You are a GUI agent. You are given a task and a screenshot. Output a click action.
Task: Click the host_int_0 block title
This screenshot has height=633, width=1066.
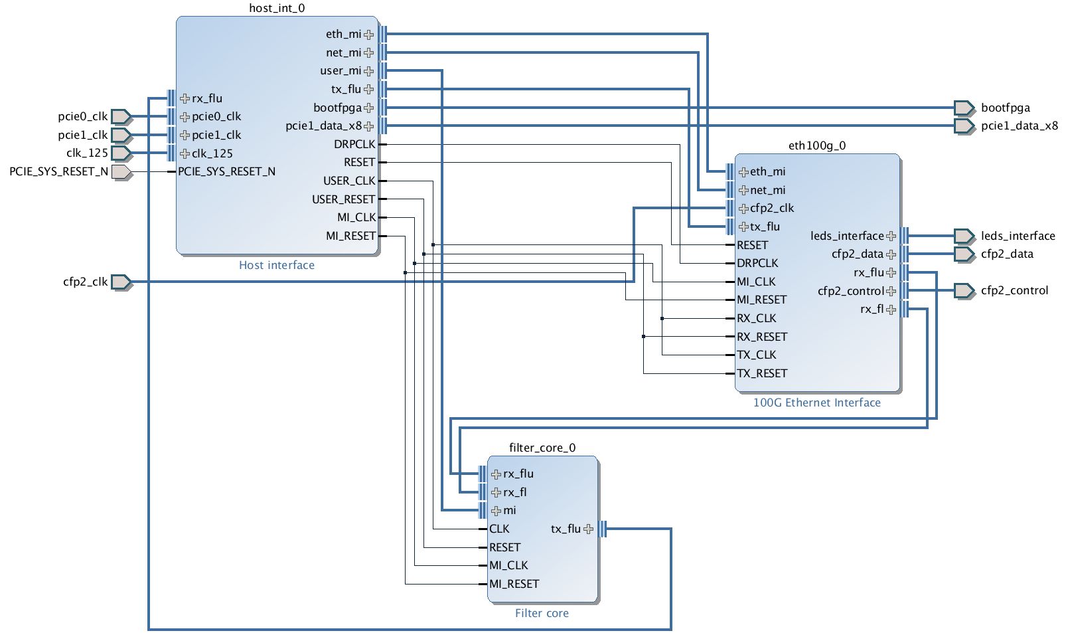click(x=277, y=9)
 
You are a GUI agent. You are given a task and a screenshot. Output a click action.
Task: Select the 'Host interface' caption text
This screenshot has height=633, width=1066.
click(x=277, y=265)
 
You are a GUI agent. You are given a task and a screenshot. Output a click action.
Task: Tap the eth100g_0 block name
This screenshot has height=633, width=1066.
click(x=817, y=145)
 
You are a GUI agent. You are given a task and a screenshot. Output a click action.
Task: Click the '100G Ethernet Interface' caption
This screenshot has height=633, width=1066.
click(x=817, y=403)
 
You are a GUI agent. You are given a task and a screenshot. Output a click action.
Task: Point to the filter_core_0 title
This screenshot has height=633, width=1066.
click(x=542, y=448)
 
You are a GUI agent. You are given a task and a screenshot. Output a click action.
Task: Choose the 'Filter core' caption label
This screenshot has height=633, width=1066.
click(x=542, y=613)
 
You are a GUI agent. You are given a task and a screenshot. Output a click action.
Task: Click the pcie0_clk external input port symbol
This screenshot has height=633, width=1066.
click(x=121, y=117)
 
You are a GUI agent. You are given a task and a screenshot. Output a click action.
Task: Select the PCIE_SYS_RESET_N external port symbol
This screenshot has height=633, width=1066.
click(x=121, y=172)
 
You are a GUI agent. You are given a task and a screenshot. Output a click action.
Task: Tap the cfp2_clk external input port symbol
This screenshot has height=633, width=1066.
click(x=121, y=282)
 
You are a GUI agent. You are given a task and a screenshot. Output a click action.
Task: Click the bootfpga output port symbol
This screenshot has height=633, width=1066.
click(x=964, y=108)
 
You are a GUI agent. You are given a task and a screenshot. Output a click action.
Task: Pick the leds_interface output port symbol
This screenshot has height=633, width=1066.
click(x=964, y=236)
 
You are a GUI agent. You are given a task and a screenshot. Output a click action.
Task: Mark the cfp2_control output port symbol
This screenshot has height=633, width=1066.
click(x=964, y=290)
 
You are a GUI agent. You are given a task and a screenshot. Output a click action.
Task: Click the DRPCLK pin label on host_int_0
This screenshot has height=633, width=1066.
click(x=354, y=144)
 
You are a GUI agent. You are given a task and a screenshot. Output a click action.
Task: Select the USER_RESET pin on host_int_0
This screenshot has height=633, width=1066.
click(x=344, y=199)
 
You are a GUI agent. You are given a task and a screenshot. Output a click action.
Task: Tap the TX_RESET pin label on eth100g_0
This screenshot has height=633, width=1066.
click(x=762, y=373)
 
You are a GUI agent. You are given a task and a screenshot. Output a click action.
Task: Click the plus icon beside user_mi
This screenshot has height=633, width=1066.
click(x=369, y=71)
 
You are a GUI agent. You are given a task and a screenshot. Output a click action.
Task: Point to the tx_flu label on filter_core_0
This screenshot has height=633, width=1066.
click(x=566, y=529)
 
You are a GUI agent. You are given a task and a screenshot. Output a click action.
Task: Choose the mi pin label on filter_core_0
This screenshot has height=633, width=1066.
click(x=510, y=510)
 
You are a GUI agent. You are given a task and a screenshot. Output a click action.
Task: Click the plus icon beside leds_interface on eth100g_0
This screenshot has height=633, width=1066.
click(x=891, y=236)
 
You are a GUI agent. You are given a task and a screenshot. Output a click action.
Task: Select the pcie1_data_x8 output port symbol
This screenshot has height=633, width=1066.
click(x=964, y=126)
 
